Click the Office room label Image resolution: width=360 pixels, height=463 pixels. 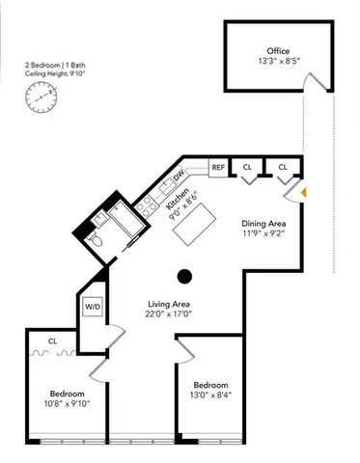[x=278, y=51]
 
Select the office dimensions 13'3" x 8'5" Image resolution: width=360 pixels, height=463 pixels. [x=278, y=63]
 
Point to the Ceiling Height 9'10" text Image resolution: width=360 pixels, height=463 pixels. [x=56, y=73]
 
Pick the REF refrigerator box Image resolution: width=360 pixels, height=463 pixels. [x=218, y=167]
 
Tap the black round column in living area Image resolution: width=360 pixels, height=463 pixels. [x=185, y=278]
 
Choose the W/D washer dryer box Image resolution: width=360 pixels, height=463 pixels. [x=93, y=308]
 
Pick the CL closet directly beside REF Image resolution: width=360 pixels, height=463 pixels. [x=248, y=167]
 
